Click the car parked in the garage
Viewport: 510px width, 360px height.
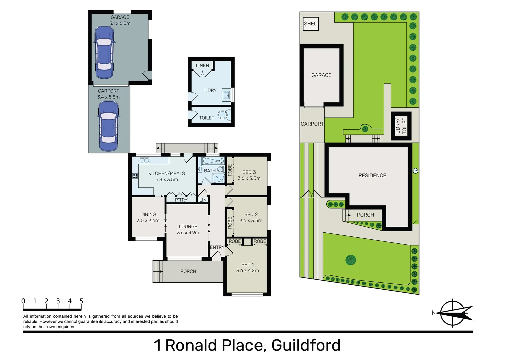click(x=104, y=52)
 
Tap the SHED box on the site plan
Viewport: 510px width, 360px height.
click(x=310, y=24)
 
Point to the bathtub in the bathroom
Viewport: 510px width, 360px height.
click(x=213, y=161)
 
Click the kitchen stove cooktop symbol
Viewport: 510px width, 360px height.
click(x=135, y=176)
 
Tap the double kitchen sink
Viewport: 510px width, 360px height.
click(x=144, y=160)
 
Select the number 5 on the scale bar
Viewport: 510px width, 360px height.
click(x=81, y=301)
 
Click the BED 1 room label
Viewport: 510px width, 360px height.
click(x=247, y=264)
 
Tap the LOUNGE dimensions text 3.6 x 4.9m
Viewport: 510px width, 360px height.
click(x=188, y=233)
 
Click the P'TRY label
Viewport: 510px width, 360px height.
click(x=181, y=200)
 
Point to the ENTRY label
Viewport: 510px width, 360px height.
click(x=217, y=247)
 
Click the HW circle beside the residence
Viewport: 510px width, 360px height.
click(x=415, y=171)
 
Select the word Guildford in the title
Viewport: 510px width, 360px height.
click(x=306, y=345)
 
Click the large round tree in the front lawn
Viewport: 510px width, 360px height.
click(x=350, y=260)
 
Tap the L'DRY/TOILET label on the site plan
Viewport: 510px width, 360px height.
click(x=401, y=126)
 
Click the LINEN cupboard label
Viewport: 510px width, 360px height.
click(x=202, y=65)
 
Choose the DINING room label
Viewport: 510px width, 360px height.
click(x=148, y=214)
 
